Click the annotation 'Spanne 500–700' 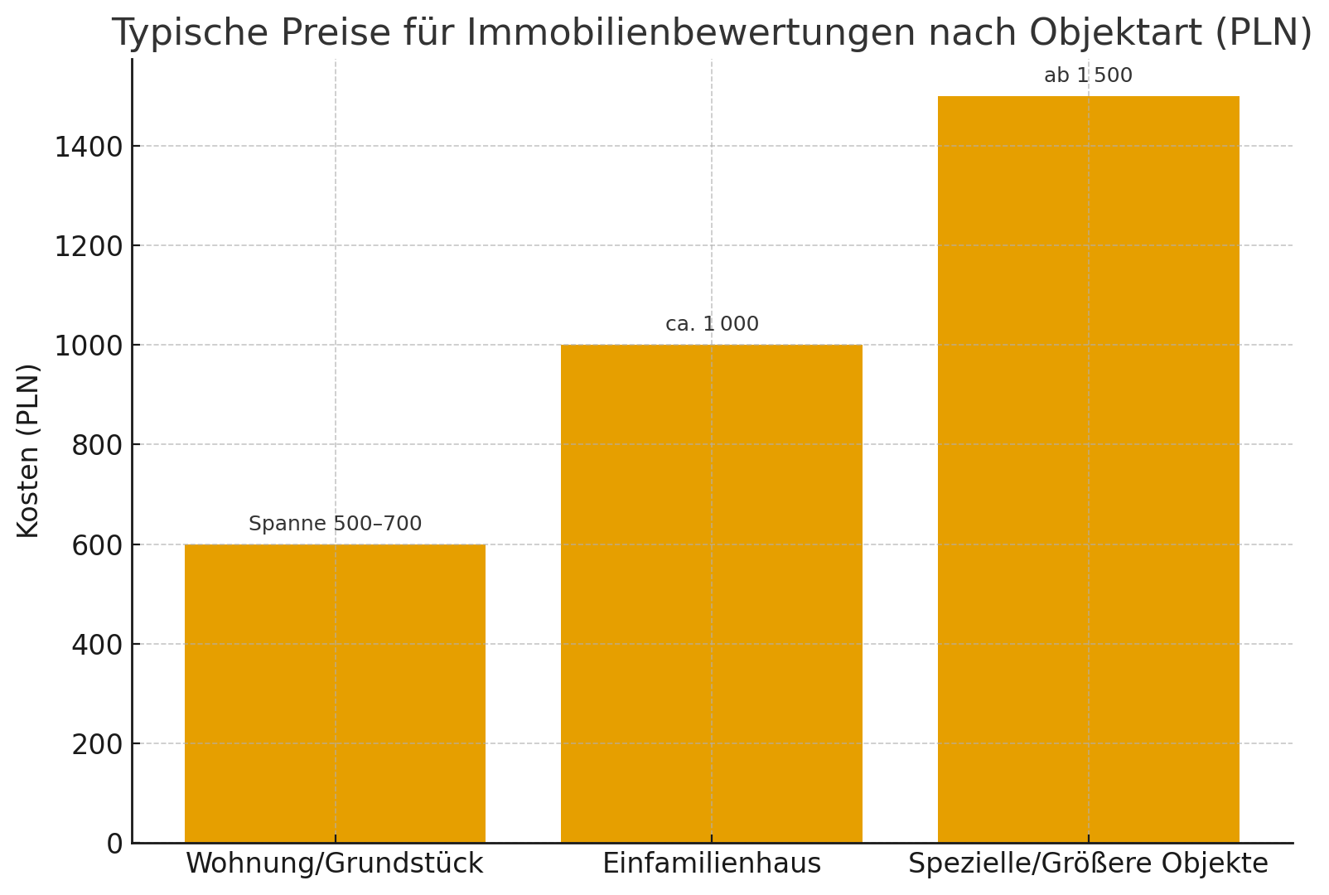coord(335,524)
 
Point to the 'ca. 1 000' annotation coord(712,324)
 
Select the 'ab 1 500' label coord(1088,75)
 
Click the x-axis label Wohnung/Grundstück coord(334,864)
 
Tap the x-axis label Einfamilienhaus coord(711,864)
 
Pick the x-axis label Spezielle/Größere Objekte coord(1088,864)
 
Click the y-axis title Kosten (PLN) coord(28,450)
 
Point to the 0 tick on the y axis coord(114,844)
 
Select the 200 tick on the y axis coord(97,744)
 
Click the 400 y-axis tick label coord(97,645)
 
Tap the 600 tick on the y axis coord(97,545)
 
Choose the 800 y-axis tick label coord(97,445)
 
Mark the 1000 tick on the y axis coord(89,346)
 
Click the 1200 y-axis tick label coord(89,246)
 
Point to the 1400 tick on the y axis coord(89,147)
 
